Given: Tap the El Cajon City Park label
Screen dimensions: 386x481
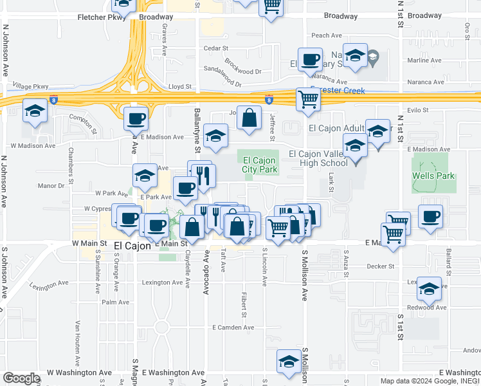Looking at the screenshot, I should [260, 165].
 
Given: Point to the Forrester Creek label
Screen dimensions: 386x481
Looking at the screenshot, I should [338, 91].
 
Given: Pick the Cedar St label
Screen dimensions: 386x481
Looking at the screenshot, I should [212, 48].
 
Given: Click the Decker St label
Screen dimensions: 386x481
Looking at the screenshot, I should [380, 266].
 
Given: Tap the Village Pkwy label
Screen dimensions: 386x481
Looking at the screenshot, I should [30, 86].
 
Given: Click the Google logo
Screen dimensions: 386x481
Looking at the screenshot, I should [21, 378].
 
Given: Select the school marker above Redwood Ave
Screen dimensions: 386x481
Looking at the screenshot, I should [429, 289].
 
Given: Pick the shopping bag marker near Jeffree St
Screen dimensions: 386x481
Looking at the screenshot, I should [250, 117].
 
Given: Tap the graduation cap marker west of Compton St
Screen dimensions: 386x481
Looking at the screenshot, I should [35, 111].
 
